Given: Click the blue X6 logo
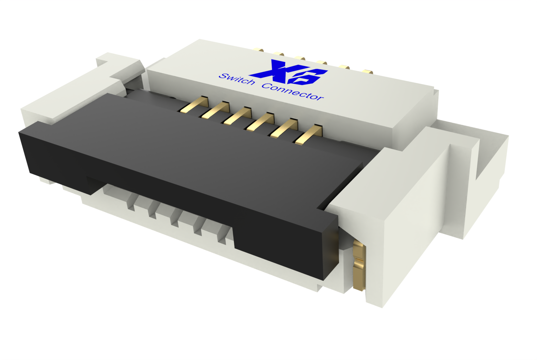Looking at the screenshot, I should tap(289, 72).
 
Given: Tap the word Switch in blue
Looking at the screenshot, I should tap(237, 80).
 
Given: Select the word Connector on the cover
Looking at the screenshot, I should tap(293, 92).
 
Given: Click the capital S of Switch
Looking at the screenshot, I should tap(223, 76).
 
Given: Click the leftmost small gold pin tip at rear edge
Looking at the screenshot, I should tap(259, 50).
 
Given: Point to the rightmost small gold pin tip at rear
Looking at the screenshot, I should tap(368, 71).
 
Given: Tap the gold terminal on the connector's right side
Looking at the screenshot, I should tap(359, 265).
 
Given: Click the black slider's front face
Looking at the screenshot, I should tap(168, 188).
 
